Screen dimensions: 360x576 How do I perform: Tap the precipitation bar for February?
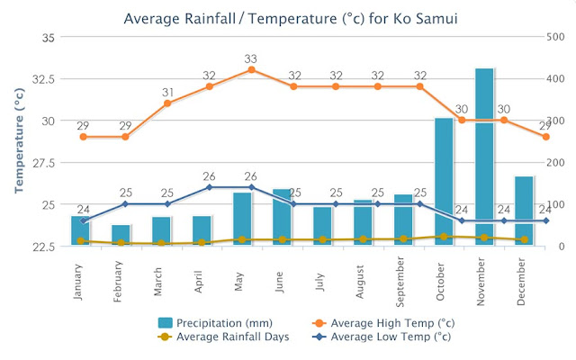pyautogui.click(x=121, y=236)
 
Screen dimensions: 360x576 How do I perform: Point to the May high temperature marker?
pyautogui.click(x=251, y=69)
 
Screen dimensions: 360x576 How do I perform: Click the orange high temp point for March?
pyautogui.click(x=167, y=103)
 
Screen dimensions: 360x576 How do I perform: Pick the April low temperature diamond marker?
pyautogui.click(x=209, y=187)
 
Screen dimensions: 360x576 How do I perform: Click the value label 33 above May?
pyautogui.click(x=251, y=58)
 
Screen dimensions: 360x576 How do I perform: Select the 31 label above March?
pyautogui.click(x=167, y=92)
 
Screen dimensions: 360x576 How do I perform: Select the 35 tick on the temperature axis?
pyautogui.click(x=48, y=38)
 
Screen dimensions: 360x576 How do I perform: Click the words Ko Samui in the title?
pyautogui.click(x=409, y=17)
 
